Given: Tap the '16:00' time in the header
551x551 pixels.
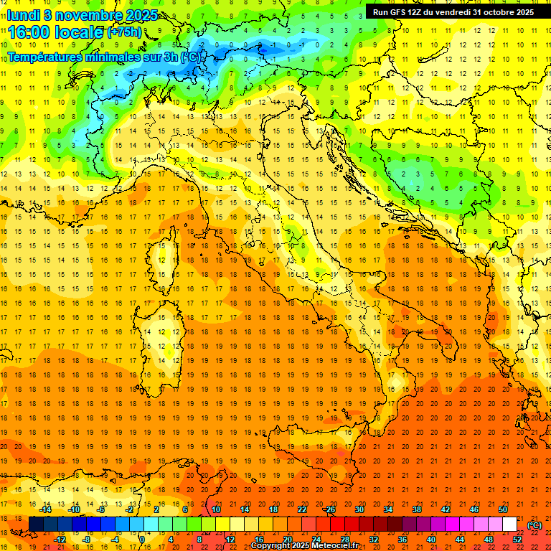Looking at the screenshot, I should (x=29, y=32).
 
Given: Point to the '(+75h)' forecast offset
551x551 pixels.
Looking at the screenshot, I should (x=124, y=32).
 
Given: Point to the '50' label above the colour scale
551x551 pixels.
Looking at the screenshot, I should (x=502, y=509).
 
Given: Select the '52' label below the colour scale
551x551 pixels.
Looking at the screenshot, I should (x=517, y=540).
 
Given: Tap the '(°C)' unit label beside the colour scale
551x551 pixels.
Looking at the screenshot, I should (x=534, y=525).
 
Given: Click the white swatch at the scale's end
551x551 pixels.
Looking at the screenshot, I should (x=509, y=524).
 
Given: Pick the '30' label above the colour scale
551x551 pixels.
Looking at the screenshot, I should (x=359, y=509).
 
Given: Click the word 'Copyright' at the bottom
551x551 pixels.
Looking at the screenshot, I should (x=271, y=546).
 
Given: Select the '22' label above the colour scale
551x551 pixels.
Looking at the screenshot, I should (x=301, y=509).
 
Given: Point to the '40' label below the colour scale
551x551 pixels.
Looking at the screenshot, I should (x=430, y=540).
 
